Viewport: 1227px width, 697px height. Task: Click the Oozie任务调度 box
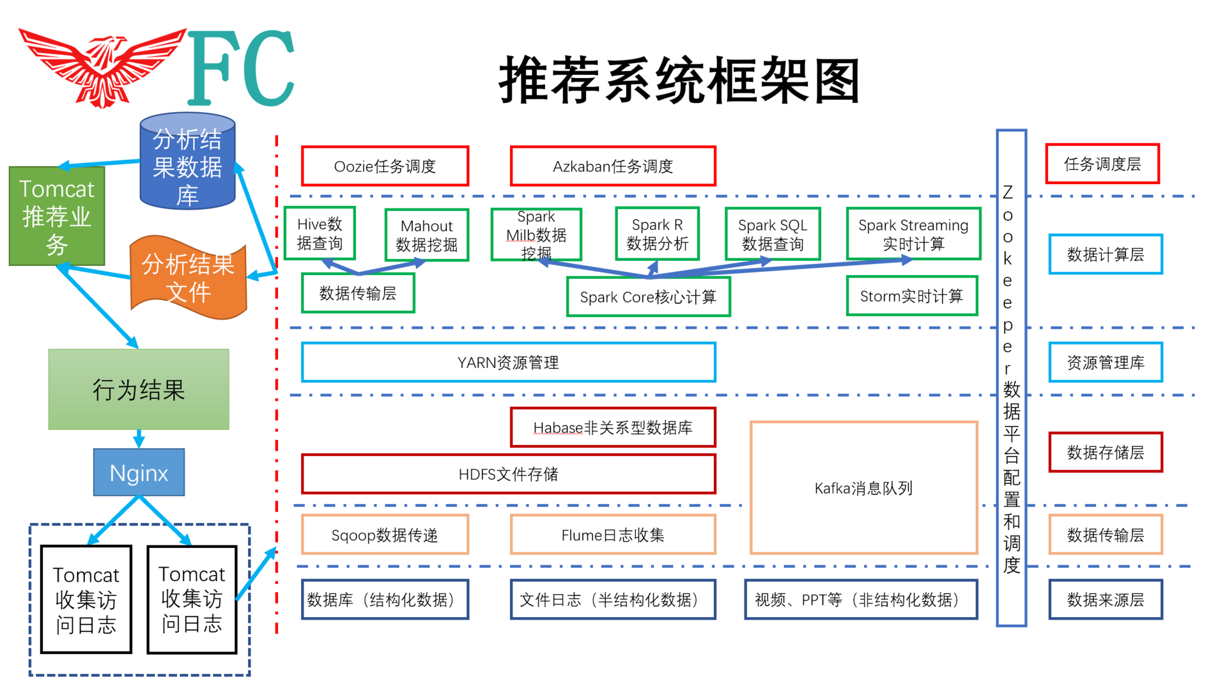(385, 166)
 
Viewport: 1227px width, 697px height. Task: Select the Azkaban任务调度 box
(612, 166)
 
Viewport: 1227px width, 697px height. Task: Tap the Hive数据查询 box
(320, 233)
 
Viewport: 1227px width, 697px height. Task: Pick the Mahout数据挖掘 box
(426, 235)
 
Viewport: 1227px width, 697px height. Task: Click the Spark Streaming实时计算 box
(913, 234)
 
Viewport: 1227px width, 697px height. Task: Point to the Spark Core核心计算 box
(648, 297)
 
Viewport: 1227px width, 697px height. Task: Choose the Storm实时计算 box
(911, 296)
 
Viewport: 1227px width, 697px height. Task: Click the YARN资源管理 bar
(508, 363)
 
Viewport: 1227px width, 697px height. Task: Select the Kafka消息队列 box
(863, 488)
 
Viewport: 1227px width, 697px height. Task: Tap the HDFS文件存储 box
(508, 474)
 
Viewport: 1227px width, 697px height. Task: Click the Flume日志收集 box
(612, 535)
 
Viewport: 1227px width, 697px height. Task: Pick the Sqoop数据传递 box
(385, 535)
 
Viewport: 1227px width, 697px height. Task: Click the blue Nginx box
(139, 473)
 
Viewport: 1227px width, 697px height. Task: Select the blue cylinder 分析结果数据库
(187, 163)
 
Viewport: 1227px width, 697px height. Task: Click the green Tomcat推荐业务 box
(57, 216)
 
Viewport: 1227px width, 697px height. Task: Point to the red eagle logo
(102, 67)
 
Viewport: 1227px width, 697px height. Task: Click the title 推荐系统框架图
(679, 80)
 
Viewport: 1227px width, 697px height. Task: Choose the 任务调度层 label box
(1102, 164)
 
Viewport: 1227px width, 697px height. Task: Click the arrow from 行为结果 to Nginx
(139, 439)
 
